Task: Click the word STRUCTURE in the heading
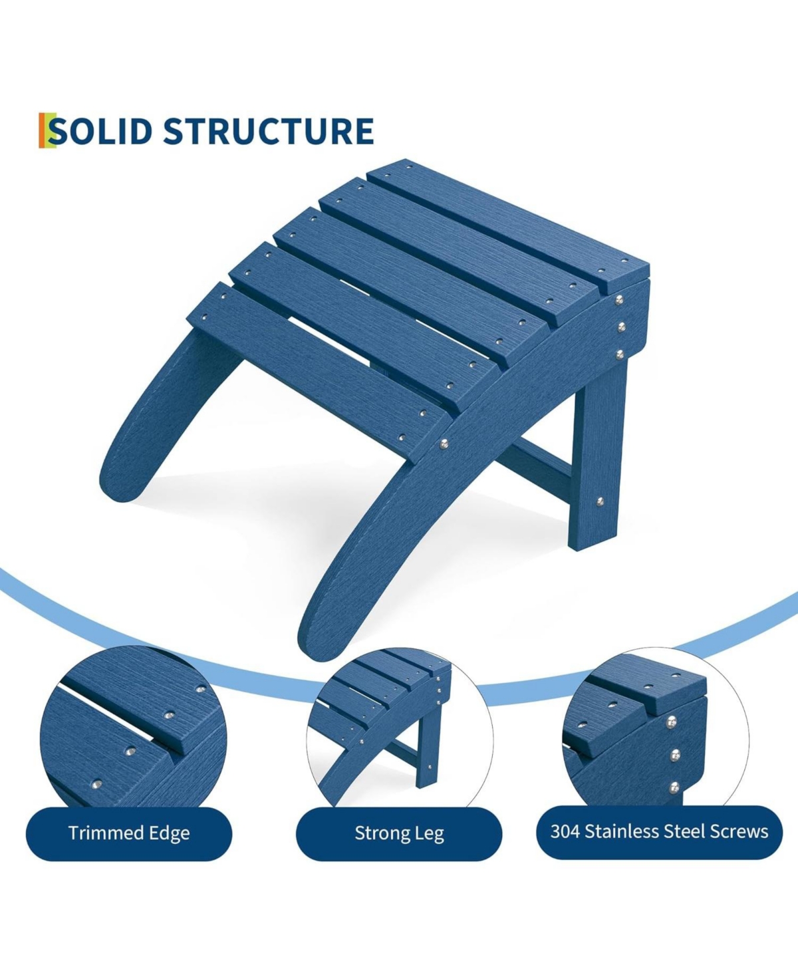tap(268, 131)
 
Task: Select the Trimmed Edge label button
tap(129, 833)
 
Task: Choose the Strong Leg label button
tap(399, 833)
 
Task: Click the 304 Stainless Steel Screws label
tap(659, 832)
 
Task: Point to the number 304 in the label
tap(565, 831)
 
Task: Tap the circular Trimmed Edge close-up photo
tap(133, 728)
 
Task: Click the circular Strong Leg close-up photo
tap(399, 728)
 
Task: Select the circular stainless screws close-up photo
tap(655, 728)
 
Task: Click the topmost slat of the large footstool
tap(505, 219)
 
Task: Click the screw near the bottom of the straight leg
tap(600, 501)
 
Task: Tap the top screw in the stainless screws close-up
tap(672, 722)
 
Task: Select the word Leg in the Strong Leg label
tap(430, 834)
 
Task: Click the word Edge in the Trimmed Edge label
tap(170, 834)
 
